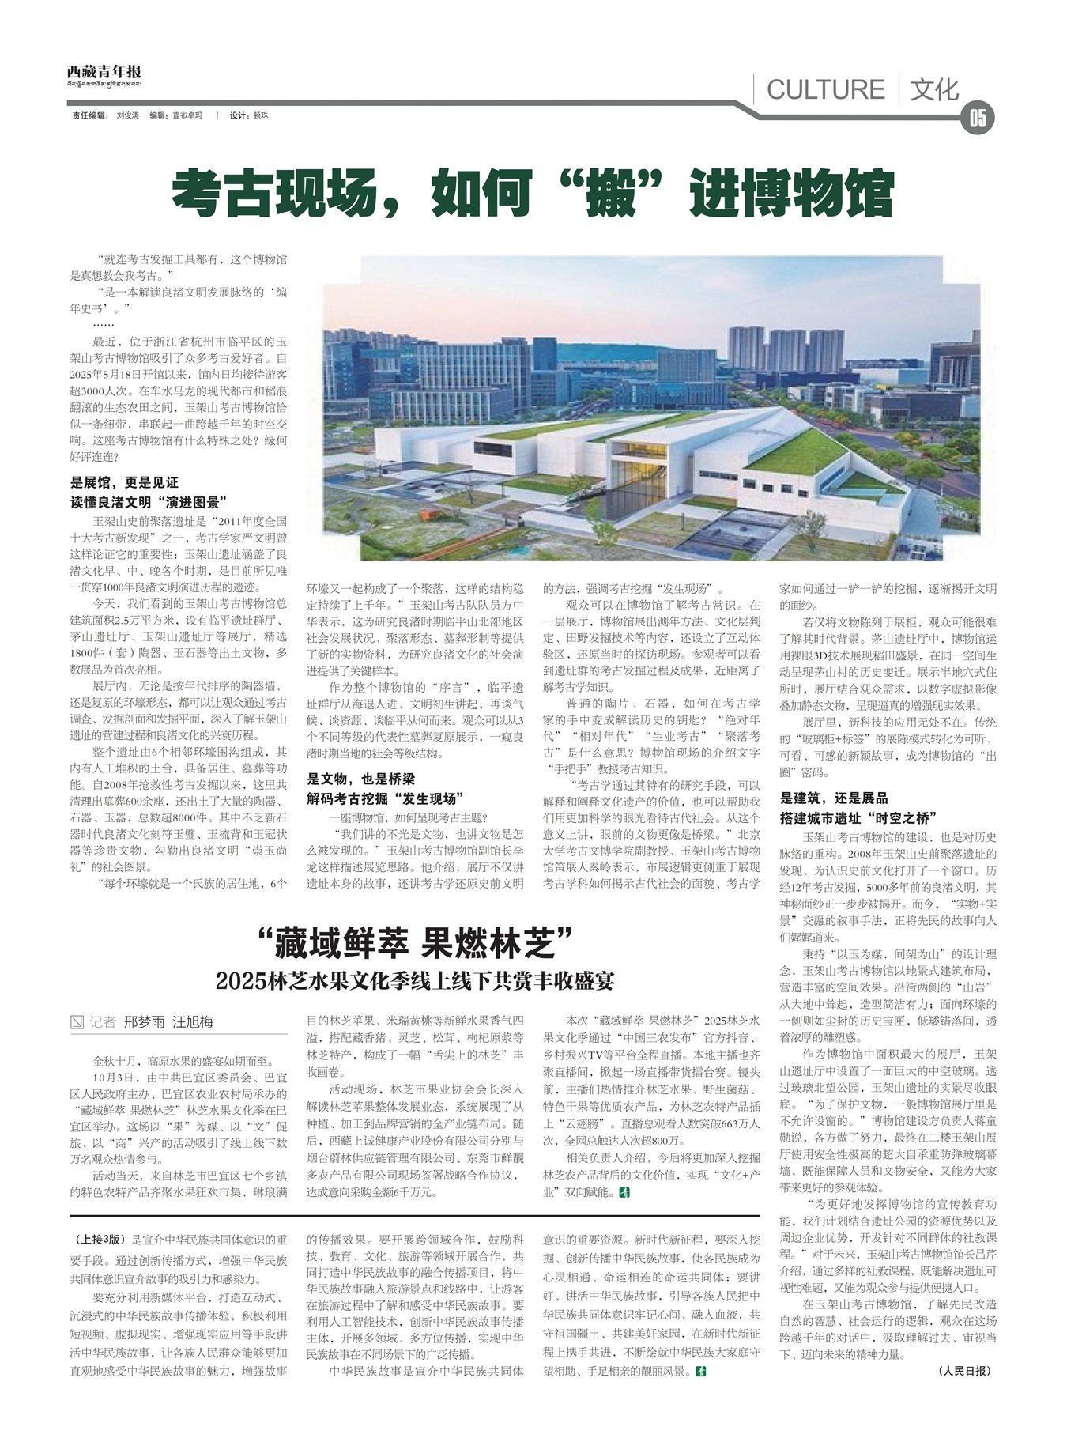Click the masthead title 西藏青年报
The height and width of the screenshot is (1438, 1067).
click(x=104, y=72)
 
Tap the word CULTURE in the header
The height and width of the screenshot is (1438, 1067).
click(x=825, y=89)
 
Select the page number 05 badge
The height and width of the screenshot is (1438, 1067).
click(x=978, y=119)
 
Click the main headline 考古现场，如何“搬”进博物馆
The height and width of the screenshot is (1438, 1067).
click(x=533, y=194)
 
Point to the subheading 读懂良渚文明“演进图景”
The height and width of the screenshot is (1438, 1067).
click(x=149, y=502)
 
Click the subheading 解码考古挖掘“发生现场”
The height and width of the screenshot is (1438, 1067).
click(x=385, y=798)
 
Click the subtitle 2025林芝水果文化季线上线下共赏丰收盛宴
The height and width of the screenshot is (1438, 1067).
click(x=415, y=981)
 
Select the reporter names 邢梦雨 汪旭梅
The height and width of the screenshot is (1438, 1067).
click(x=168, y=1021)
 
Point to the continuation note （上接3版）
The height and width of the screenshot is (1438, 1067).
click(x=98, y=1240)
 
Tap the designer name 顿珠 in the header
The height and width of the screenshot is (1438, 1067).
click(x=261, y=115)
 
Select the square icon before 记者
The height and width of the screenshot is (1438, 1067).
click(x=77, y=1022)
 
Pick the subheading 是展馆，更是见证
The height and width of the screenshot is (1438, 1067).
click(x=125, y=482)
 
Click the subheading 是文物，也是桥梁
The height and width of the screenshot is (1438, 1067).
click(x=360, y=779)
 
